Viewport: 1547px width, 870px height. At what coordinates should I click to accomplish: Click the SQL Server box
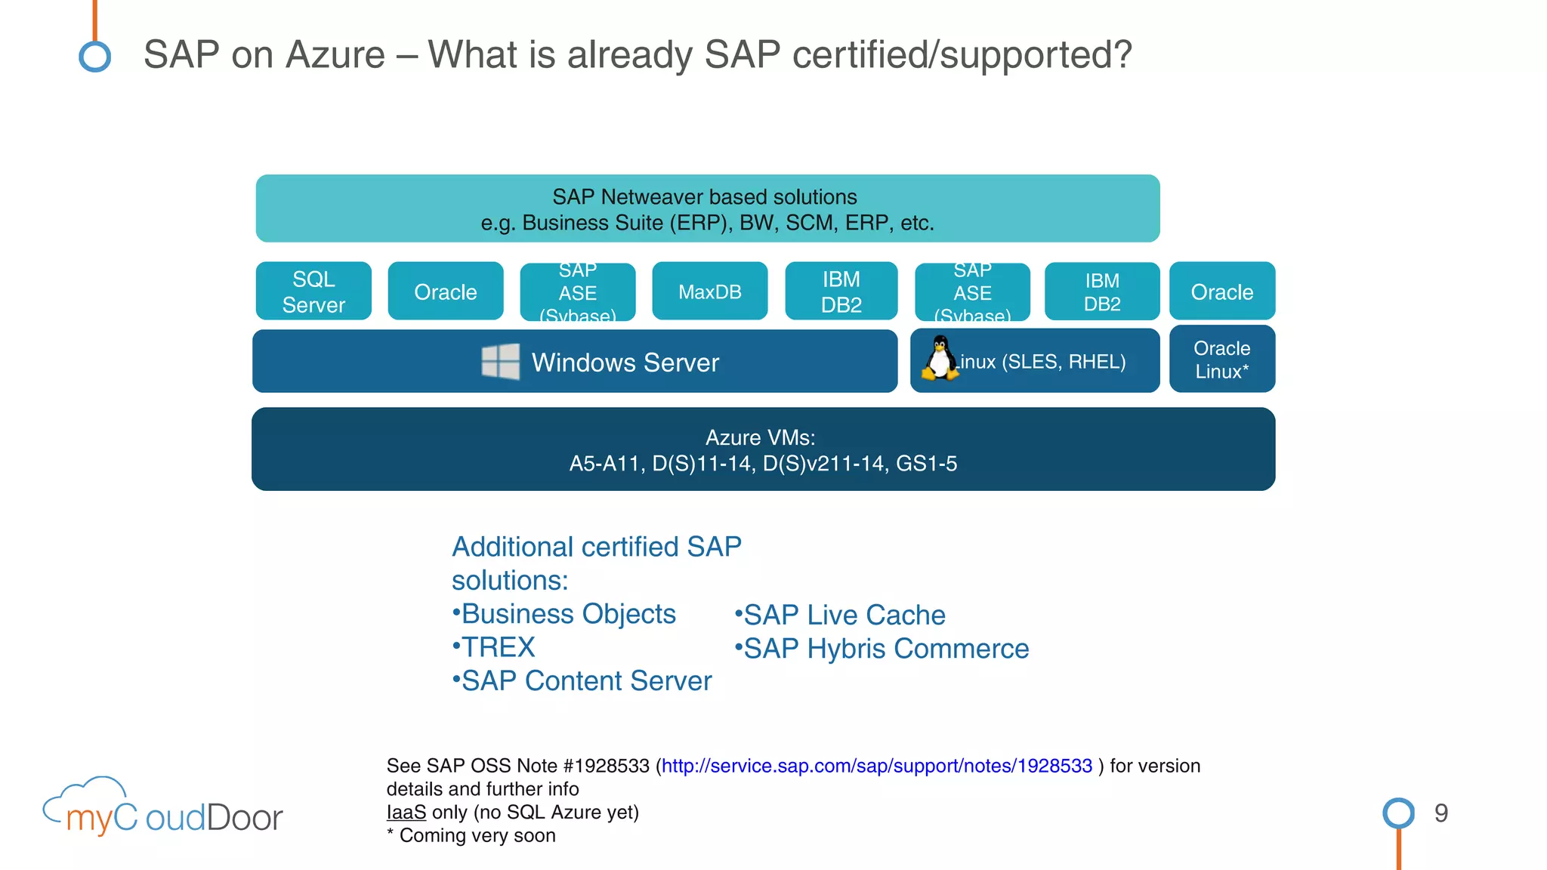pos(313,292)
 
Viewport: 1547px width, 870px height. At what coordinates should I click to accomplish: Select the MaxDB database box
pos(709,292)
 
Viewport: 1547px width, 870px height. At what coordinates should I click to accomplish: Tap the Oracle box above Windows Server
pos(446,292)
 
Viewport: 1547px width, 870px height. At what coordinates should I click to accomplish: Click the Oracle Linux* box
pos(1221,359)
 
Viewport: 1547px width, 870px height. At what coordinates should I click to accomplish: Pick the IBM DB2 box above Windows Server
pos(841,292)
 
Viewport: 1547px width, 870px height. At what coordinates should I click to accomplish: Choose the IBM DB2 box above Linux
pos(1101,292)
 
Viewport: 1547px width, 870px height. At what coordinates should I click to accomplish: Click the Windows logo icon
pos(501,362)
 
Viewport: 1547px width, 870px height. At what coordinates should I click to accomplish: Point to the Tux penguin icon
pos(940,358)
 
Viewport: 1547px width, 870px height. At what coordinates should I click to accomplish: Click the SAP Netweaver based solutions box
pos(707,209)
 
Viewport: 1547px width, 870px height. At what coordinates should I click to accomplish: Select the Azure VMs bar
pos(763,449)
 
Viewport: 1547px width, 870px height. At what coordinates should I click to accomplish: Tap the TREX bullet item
pos(497,647)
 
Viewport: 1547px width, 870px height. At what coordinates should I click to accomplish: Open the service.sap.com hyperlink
pos(876,766)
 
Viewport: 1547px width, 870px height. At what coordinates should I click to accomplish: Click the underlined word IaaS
pos(406,813)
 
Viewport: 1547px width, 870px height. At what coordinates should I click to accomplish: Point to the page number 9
pos(1440,813)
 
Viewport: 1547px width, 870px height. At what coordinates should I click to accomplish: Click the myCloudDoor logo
pos(163,810)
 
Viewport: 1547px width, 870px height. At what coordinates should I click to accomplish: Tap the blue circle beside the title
pos(95,57)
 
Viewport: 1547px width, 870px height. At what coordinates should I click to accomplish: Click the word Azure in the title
pos(335,55)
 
